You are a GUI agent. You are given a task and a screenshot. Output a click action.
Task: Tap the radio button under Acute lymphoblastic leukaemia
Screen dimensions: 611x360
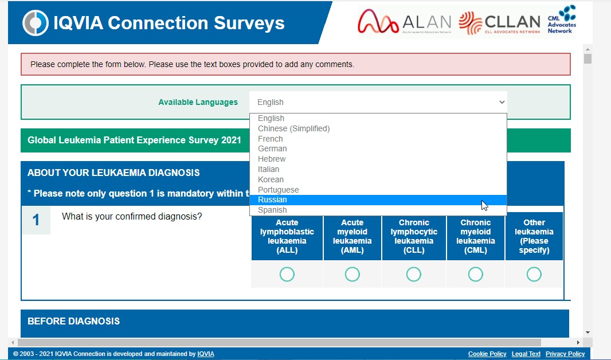coord(287,274)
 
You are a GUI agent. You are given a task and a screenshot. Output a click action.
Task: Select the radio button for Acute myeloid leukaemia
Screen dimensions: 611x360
coord(352,274)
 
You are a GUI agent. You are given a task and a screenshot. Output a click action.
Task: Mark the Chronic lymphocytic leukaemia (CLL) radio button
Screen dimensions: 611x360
coord(414,274)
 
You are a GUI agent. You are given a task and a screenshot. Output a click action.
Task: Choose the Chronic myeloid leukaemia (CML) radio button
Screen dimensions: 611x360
coord(475,274)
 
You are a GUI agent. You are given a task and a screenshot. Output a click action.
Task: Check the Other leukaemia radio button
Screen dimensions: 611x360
coord(534,274)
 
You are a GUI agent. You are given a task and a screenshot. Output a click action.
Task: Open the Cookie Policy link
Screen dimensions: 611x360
coord(487,354)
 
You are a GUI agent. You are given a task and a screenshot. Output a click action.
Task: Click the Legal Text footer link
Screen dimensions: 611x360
coord(526,354)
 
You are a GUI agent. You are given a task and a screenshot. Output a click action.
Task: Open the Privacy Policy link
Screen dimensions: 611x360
coord(565,354)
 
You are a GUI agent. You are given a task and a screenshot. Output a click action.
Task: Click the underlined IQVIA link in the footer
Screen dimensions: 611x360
coord(206,354)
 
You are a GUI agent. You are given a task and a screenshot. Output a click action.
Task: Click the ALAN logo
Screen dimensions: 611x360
coord(405,22)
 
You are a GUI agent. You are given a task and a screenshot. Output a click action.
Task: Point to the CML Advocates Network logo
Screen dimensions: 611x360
coord(562,19)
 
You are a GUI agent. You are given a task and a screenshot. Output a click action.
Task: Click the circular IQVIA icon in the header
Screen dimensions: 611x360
coord(36,23)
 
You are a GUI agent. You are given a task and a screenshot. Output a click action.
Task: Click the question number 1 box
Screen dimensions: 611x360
coord(36,220)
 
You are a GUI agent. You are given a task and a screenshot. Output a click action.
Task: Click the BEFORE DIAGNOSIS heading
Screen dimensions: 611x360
coord(73,322)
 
